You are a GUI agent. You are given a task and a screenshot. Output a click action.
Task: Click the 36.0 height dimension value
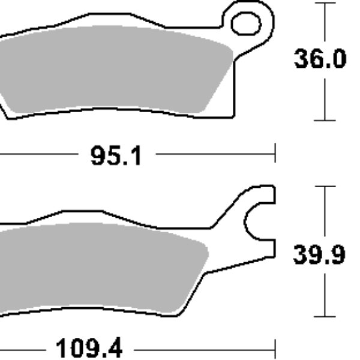pyautogui.click(x=320, y=60)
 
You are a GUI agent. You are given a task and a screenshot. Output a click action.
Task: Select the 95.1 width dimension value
pyautogui.click(x=116, y=157)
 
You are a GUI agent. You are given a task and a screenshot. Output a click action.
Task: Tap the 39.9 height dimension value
pyautogui.click(x=319, y=256)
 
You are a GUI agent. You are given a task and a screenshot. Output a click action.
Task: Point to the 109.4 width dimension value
pyautogui.click(x=88, y=347)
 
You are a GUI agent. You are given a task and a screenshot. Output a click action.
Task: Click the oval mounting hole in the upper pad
pyautogui.click(x=246, y=23)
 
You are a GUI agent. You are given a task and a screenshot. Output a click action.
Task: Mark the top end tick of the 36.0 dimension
pyautogui.click(x=325, y=3)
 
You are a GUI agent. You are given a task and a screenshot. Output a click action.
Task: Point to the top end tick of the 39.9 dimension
pyautogui.click(x=325, y=187)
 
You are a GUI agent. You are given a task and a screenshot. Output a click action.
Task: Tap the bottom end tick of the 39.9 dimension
pyautogui.click(x=325, y=316)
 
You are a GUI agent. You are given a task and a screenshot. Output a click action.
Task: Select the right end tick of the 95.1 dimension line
pyautogui.click(x=275, y=153)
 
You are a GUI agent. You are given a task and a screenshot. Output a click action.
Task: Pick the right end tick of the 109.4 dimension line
pyautogui.click(x=275, y=347)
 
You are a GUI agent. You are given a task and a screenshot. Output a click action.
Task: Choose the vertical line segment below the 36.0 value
pyautogui.click(x=325, y=99)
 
